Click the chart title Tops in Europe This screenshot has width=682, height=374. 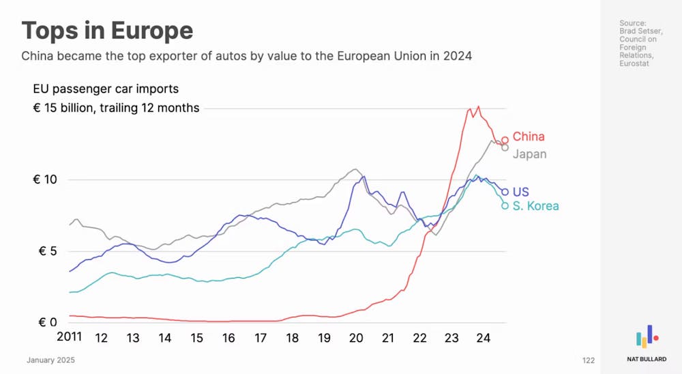tap(107, 31)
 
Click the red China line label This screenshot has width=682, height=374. tap(529, 136)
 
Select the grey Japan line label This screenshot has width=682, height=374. tap(530, 154)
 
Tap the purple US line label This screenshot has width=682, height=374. tap(520, 192)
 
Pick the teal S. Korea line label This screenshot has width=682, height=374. tap(536, 206)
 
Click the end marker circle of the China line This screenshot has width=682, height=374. tap(505, 140)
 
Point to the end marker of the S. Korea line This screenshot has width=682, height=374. tap(505, 205)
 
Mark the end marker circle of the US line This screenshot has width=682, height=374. tap(505, 192)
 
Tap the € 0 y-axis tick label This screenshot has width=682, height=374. tap(47, 322)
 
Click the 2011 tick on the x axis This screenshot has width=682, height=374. tap(69, 338)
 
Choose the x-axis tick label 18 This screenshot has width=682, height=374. tap(292, 338)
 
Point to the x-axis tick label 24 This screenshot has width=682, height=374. tap(483, 338)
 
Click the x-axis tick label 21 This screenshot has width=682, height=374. tap(387, 338)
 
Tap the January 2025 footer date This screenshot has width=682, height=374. tap(50, 360)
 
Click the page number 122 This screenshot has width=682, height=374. tap(588, 360)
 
